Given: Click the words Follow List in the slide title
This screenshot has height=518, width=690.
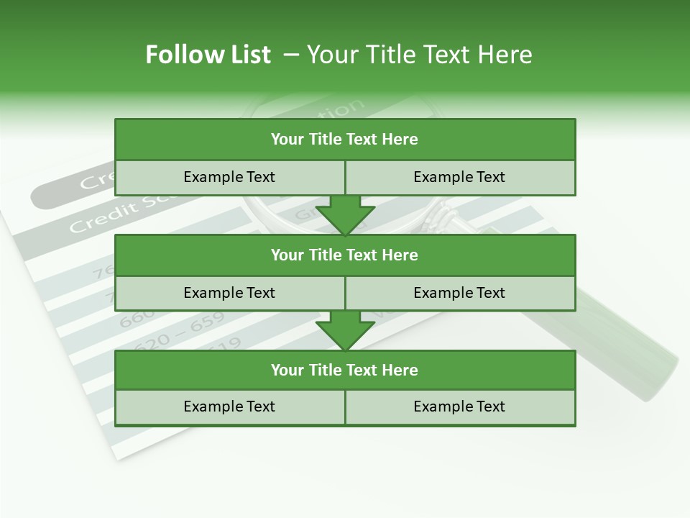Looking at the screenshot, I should click(208, 55).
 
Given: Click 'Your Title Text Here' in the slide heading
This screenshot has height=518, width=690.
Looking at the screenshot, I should click(419, 55).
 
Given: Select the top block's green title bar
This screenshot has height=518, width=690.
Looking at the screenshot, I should click(345, 140).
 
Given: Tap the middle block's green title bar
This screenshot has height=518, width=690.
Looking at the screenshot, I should click(345, 255).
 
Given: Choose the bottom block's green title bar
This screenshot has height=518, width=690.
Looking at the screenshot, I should click(345, 370).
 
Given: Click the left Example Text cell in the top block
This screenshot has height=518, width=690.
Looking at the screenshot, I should click(229, 177).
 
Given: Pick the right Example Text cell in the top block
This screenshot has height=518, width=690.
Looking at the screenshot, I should click(459, 177).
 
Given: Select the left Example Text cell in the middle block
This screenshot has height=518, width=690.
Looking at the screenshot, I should click(229, 293).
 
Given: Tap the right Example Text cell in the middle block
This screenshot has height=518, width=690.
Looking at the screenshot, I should click(459, 293).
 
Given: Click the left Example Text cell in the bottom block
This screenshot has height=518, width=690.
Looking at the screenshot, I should click(229, 406).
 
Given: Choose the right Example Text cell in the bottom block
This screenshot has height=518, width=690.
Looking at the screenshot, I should click(459, 406).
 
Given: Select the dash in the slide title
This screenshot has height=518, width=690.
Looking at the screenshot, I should click(292, 55).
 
